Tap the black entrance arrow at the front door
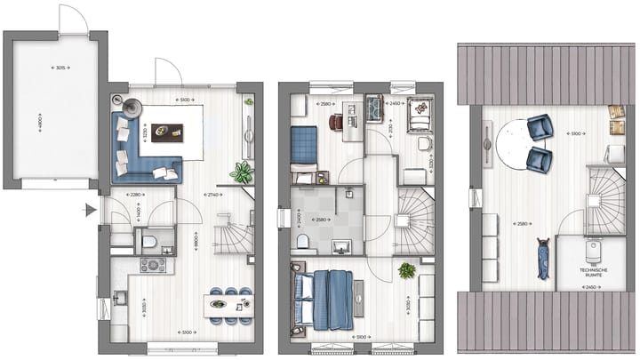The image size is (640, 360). [x=89, y=211]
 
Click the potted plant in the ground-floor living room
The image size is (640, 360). [x=241, y=172]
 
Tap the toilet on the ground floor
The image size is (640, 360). [x=149, y=240]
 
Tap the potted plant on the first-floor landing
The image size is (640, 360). [x=407, y=269]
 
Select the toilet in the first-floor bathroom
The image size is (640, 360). [x=302, y=240]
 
